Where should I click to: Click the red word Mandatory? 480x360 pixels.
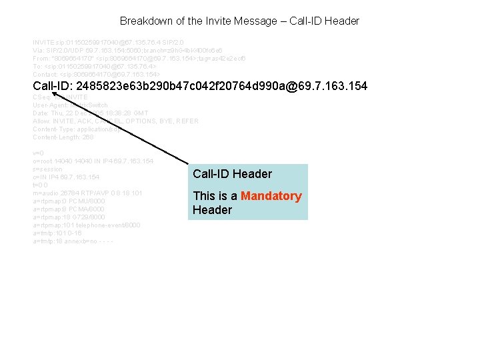[271, 196]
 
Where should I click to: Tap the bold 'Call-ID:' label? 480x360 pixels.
[53, 87]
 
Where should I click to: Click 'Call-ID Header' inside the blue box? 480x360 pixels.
[232, 174]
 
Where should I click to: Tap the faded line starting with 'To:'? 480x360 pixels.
[94, 66]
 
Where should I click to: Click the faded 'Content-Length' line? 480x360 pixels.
[63, 137]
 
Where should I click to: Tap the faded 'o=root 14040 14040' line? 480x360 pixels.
[93, 161]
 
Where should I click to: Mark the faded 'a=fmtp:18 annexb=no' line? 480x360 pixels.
[73, 241]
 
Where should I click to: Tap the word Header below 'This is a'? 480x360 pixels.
[212, 210]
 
